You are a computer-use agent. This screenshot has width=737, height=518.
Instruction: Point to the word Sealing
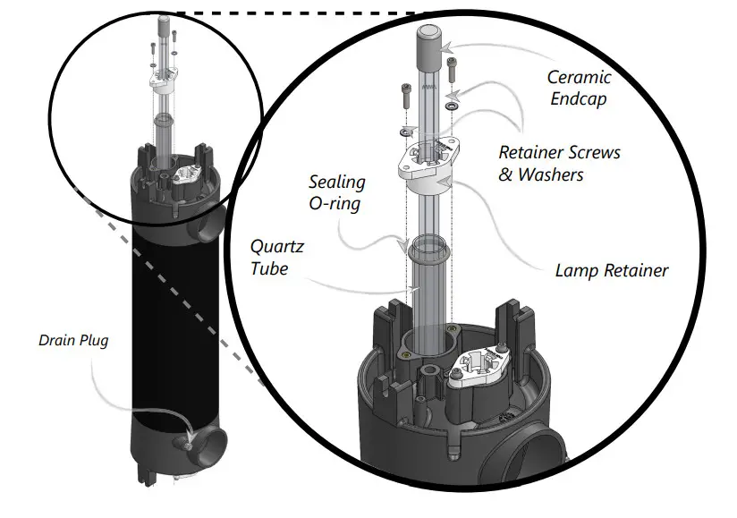click(337, 183)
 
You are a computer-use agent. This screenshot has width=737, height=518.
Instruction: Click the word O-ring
click(337, 204)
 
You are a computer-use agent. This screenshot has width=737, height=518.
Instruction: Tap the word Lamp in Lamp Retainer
click(577, 269)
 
